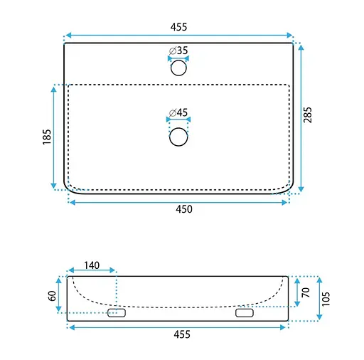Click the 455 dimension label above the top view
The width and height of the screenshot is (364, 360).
tap(178, 27)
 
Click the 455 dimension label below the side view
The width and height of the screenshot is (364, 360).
tap(182, 334)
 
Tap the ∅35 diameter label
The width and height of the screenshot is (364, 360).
tap(178, 51)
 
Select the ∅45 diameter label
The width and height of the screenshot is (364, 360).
tap(178, 112)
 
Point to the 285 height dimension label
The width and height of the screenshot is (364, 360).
tap(308, 115)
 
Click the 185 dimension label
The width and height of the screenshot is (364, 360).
tap(47, 137)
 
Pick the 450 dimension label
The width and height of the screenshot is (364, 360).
tap(184, 209)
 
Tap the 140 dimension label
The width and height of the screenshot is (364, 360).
tap(92, 265)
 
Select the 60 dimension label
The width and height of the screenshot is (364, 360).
tap(52, 296)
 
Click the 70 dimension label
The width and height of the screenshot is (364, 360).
tap(306, 292)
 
